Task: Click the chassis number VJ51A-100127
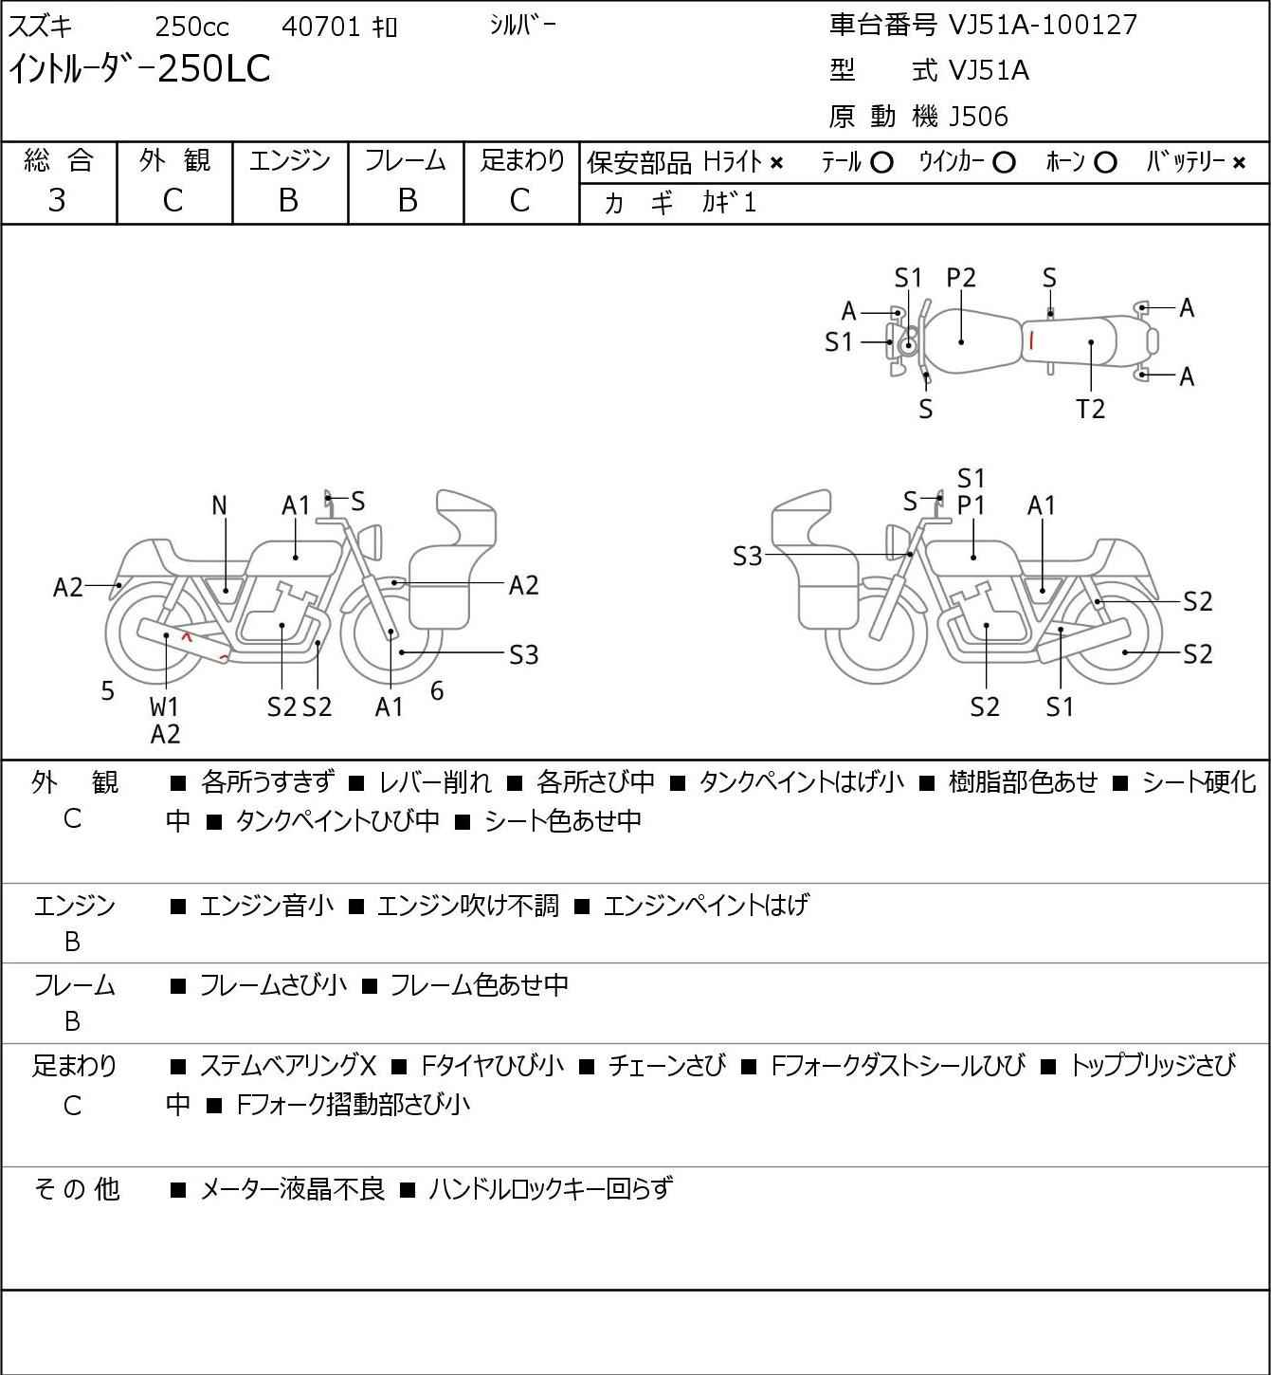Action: pyautogui.click(x=1043, y=26)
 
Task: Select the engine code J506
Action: pyautogui.click(x=978, y=117)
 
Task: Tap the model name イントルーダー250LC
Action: pyautogui.click(x=139, y=69)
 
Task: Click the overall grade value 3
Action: pyautogui.click(x=57, y=201)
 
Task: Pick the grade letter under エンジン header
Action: pyautogui.click(x=288, y=201)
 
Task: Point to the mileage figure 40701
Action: pyautogui.click(x=321, y=27)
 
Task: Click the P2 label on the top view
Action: pyautogui.click(x=961, y=278)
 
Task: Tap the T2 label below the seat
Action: pyautogui.click(x=1090, y=409)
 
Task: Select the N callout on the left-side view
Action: pyautogui.click(x=219, y=506)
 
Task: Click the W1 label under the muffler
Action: pyautogui.click(x=165, y=706)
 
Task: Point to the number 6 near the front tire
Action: pyautogui.click(x=437, y=690)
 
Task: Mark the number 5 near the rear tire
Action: pyautogui.click(x=107, y=690)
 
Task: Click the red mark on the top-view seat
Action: pyautogui.click(x=1031, y=340)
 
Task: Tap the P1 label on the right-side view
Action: pyautogui.click(x=971, y=506)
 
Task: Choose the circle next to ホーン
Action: pyautogui.click(x=1105, y=163)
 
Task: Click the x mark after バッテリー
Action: pyautogui.click(x=1239, y=163)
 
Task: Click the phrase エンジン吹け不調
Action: pyautogui.click(x=467, y=906)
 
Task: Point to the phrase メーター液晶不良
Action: pyautogui.click(x=292, y=1189)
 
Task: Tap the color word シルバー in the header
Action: pyautogui.click(x=522, y=26)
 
